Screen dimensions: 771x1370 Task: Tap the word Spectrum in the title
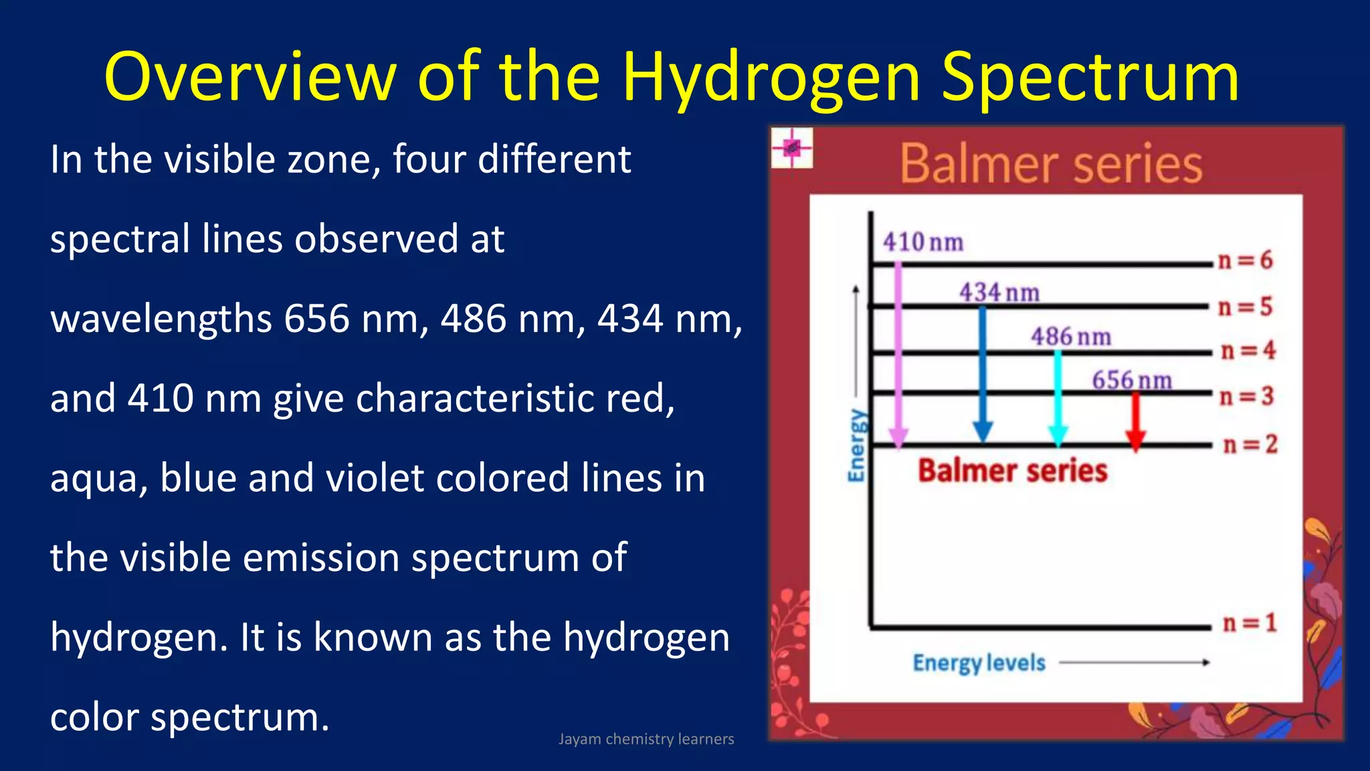[x=1090, y=79]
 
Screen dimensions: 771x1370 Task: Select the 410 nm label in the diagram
[x=922, y=242]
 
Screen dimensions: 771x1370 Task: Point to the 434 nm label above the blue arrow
[x=999, y=292]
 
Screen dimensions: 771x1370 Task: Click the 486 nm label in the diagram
[x=1070, y=337]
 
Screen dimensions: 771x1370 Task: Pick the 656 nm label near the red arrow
[x=1131, y=381]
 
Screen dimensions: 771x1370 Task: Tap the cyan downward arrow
[x=1058, y=398]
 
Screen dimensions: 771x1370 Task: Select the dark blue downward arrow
[x=982, y=375]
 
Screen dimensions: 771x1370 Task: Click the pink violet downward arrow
[x=898, y=355]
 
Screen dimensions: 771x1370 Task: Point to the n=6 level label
[x=1245, y=260]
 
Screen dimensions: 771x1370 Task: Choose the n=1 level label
[x=1249, y=623]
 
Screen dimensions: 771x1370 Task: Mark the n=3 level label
[x=1246, y=396]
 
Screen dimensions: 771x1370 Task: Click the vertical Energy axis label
[x=856, y=445]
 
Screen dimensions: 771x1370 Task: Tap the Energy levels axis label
[x=979, y=663]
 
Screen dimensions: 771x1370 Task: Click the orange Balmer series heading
[x=1050, y=164]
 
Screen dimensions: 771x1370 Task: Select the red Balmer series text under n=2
[x=1012, y=470]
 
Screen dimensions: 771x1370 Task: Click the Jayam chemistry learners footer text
[x=646, y=739]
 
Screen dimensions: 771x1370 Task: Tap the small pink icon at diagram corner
[x=791, y=147]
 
